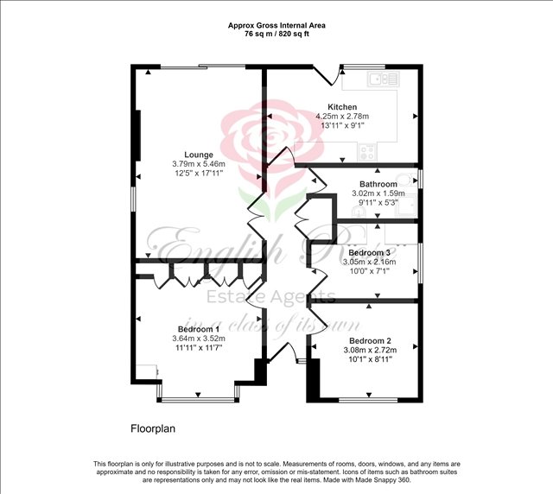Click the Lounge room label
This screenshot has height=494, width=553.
(x=198, y=155)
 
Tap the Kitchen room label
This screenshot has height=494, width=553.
(x=342, y=107)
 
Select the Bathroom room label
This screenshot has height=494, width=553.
(x=378, y=184)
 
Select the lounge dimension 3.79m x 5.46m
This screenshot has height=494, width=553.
(x=198, y=164)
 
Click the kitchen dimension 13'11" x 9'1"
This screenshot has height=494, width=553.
(x=342, y=126)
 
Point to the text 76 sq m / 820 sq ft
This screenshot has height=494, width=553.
(x=276, y=35)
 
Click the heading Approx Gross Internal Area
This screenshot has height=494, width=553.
(x=276, y=25)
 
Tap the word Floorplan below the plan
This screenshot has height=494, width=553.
(x=153, y=428)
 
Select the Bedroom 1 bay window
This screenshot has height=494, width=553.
(x=198, y=396)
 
